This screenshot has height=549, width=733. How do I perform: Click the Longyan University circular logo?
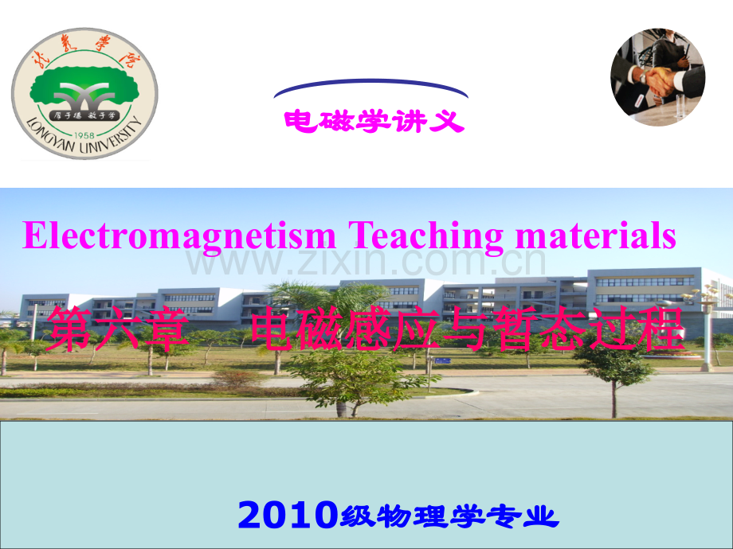tap(84, 93)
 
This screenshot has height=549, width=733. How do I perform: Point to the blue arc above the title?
tap(371, 85)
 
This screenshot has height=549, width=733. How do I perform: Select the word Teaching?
tap(426, 236)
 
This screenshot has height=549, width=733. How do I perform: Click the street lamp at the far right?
tap(705, 326)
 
